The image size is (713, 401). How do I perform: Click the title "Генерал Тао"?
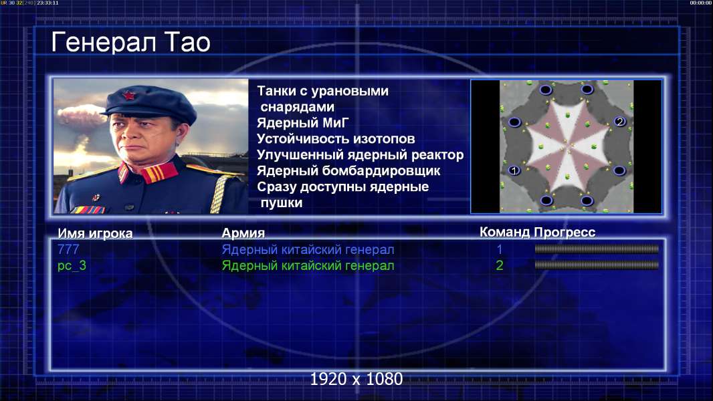pyautogui.click(x=131, y=43)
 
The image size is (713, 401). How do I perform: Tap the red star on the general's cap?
pyautogui.click(x=129, y=95)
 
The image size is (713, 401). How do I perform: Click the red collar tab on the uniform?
pyautogui.click(x=159, y=173)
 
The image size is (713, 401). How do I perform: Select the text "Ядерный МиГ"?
pyautogui.click(x=302, y=122)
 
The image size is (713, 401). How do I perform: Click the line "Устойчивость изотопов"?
pyautogui.click(x=336, y=138)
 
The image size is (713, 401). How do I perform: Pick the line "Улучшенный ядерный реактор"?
pyautogui.click(x=360, y=155)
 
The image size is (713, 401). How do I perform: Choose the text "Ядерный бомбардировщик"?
pyautogui.click(x=348, y=170)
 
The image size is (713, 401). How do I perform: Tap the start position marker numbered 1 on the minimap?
pyautogui.click(x=514, y=170)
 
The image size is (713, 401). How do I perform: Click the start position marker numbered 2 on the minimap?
pyautogui.click(x=620, y=121)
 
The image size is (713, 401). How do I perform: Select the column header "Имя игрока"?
pyautogui.click(x=95, y=233)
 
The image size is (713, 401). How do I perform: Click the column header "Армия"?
pyautogui.click(x=243, y=233)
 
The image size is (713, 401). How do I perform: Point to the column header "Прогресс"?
pyautogui.click(x=565, y=232)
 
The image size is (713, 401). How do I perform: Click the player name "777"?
pyautogui.click(x=69, y=249)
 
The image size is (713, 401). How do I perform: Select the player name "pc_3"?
pyautogui.click(x=72, y=266)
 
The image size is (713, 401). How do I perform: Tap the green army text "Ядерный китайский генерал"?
pyautogui.click(x=308, y=266)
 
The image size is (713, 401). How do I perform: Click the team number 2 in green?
pyautogui.click(x=499, y=265)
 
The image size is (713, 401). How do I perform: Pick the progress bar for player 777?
pyautogui.click(x=597, y=249)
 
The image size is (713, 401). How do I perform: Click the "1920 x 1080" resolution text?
pyautogui.click(x=356, y=379)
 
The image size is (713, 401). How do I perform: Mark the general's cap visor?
pyautogui.click(x=149, y=116)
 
